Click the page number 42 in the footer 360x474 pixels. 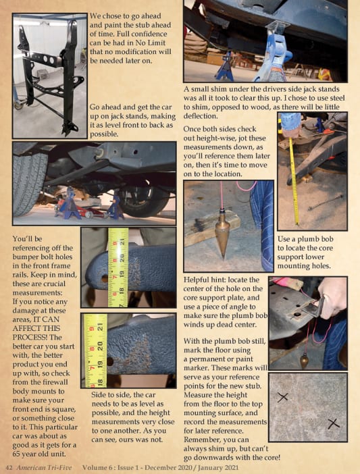tap(9, 468)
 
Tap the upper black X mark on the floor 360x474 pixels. tap(282, 397)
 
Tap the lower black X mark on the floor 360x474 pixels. tap(334, 424)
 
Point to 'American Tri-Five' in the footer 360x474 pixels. tap(44, 468)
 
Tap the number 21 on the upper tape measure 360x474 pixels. tap(122, 242)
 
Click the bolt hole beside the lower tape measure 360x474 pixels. tap(110, 361)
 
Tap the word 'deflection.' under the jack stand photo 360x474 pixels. tap(201, 116)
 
